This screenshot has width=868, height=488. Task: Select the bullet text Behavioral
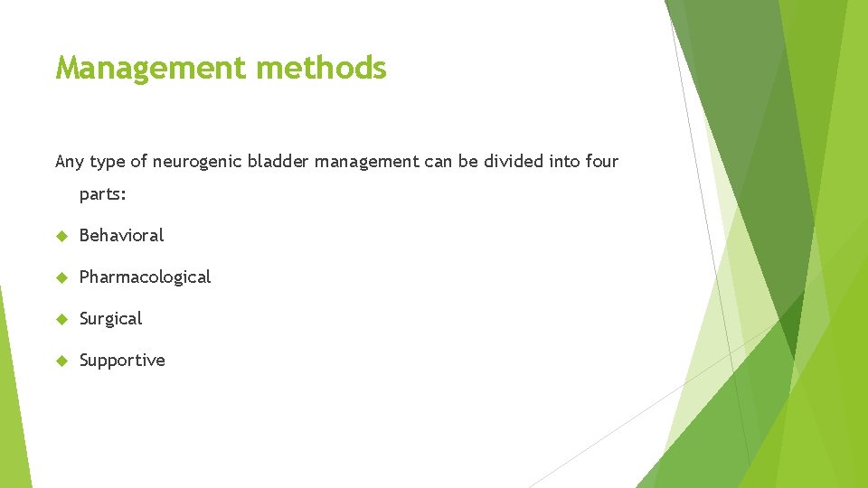[x=121, y=235]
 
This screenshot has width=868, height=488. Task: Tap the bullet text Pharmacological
[x=145, y=277]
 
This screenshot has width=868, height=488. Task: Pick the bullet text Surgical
[x=110, y=319]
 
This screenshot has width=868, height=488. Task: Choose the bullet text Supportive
[x=122, y=361]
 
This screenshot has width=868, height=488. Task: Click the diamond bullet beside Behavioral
[x=61, y=236]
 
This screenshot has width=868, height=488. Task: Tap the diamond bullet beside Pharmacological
[x=61, y=277]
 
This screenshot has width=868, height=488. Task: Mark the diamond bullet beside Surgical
[x=61, y=319]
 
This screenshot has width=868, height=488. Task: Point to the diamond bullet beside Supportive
[x=61, y=361]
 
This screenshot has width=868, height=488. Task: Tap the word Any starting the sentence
[x=69, y=162]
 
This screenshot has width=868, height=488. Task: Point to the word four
[x=601, y=162]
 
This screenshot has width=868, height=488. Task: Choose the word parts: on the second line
[x=103, y=194]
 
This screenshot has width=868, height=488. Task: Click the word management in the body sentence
[x=366, y=162]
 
